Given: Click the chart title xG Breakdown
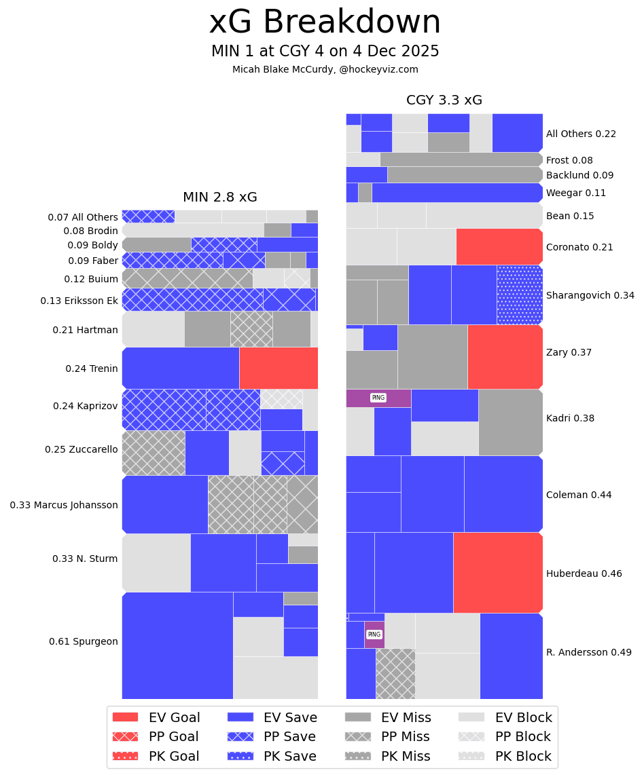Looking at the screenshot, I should click(325, 22).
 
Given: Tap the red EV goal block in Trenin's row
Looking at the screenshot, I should click(279, 368).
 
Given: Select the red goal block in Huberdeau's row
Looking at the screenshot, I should click(497, 573).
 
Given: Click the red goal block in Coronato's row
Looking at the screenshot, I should click(499, 246).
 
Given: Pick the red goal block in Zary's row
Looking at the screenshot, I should click(505, 356).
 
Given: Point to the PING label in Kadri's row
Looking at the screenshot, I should click(378, 398).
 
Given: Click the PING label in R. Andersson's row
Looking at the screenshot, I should click(374, 635).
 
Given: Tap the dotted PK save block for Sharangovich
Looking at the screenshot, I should click(519, 295).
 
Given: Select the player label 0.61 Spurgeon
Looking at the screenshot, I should click(83, 641).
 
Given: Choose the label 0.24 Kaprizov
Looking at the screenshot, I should click(85, 406).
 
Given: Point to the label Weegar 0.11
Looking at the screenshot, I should click(576, 193).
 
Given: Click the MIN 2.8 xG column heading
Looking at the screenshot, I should click(219, 197).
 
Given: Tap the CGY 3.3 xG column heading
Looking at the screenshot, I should click(444, 100).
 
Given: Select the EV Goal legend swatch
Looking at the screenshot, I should click(125, 717).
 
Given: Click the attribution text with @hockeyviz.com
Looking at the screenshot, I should click(325, 69).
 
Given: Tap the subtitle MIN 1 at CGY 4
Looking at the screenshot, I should click(325, 52).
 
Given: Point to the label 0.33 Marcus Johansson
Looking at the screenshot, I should click(64, 505).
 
